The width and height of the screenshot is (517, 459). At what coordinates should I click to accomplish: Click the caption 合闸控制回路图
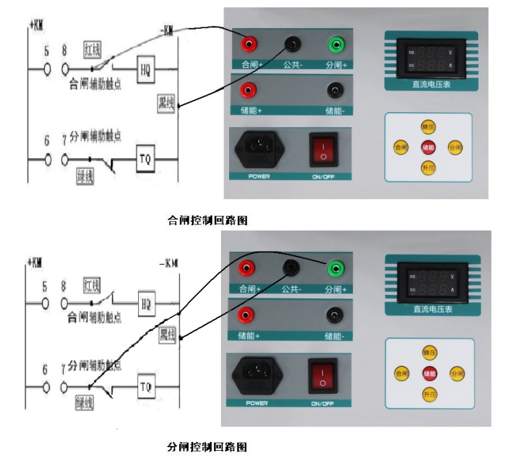207,221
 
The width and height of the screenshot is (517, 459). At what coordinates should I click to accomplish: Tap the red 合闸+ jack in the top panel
248,45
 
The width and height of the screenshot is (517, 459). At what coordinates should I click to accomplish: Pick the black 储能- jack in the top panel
334,90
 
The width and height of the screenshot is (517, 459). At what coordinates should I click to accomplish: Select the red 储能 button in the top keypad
428,147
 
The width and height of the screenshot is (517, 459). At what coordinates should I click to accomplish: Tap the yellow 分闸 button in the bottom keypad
456,373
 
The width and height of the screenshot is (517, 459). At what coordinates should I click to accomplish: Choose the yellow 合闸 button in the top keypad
400,147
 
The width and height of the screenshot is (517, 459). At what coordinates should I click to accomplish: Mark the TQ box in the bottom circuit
146,386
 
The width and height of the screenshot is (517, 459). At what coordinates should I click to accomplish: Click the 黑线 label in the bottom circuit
168,335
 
